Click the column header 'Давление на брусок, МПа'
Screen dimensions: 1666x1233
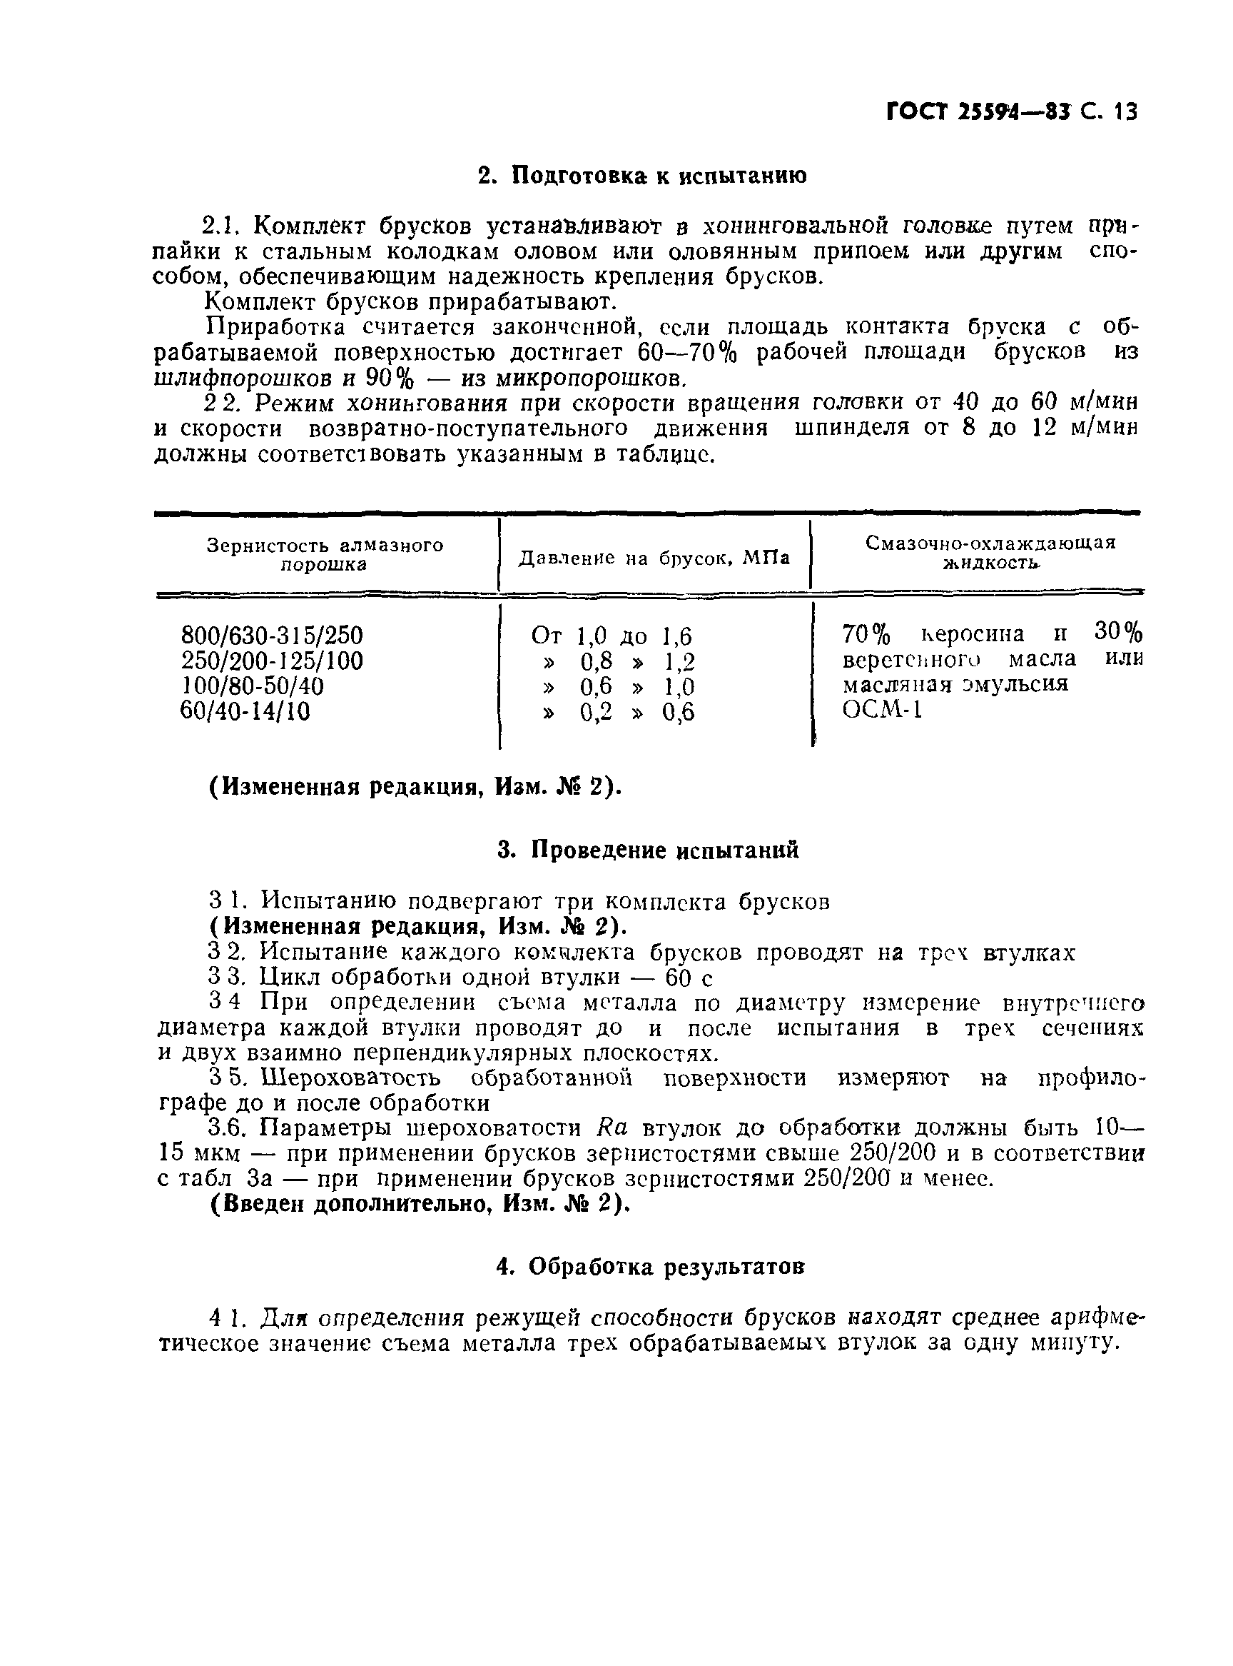pyautogui.click(x=654, y=558)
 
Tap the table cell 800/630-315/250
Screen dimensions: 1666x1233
pyautogui.click(x=272, y=636)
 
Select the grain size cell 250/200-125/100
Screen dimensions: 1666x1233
pyautogui.click(x=272, y=661)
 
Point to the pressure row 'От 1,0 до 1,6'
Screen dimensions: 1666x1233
pyautogui.click(x=612, y=636)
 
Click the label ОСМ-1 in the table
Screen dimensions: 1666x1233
pyautogui.click(x=882, y=708)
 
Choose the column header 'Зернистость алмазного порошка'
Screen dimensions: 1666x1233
pyautogui.click(x=325, y=554)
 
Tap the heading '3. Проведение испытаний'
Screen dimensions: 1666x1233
pyautogui.click(x=648, y=850)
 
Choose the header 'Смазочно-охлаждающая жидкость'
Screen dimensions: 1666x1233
pyautogui.click(x=990, y=553)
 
